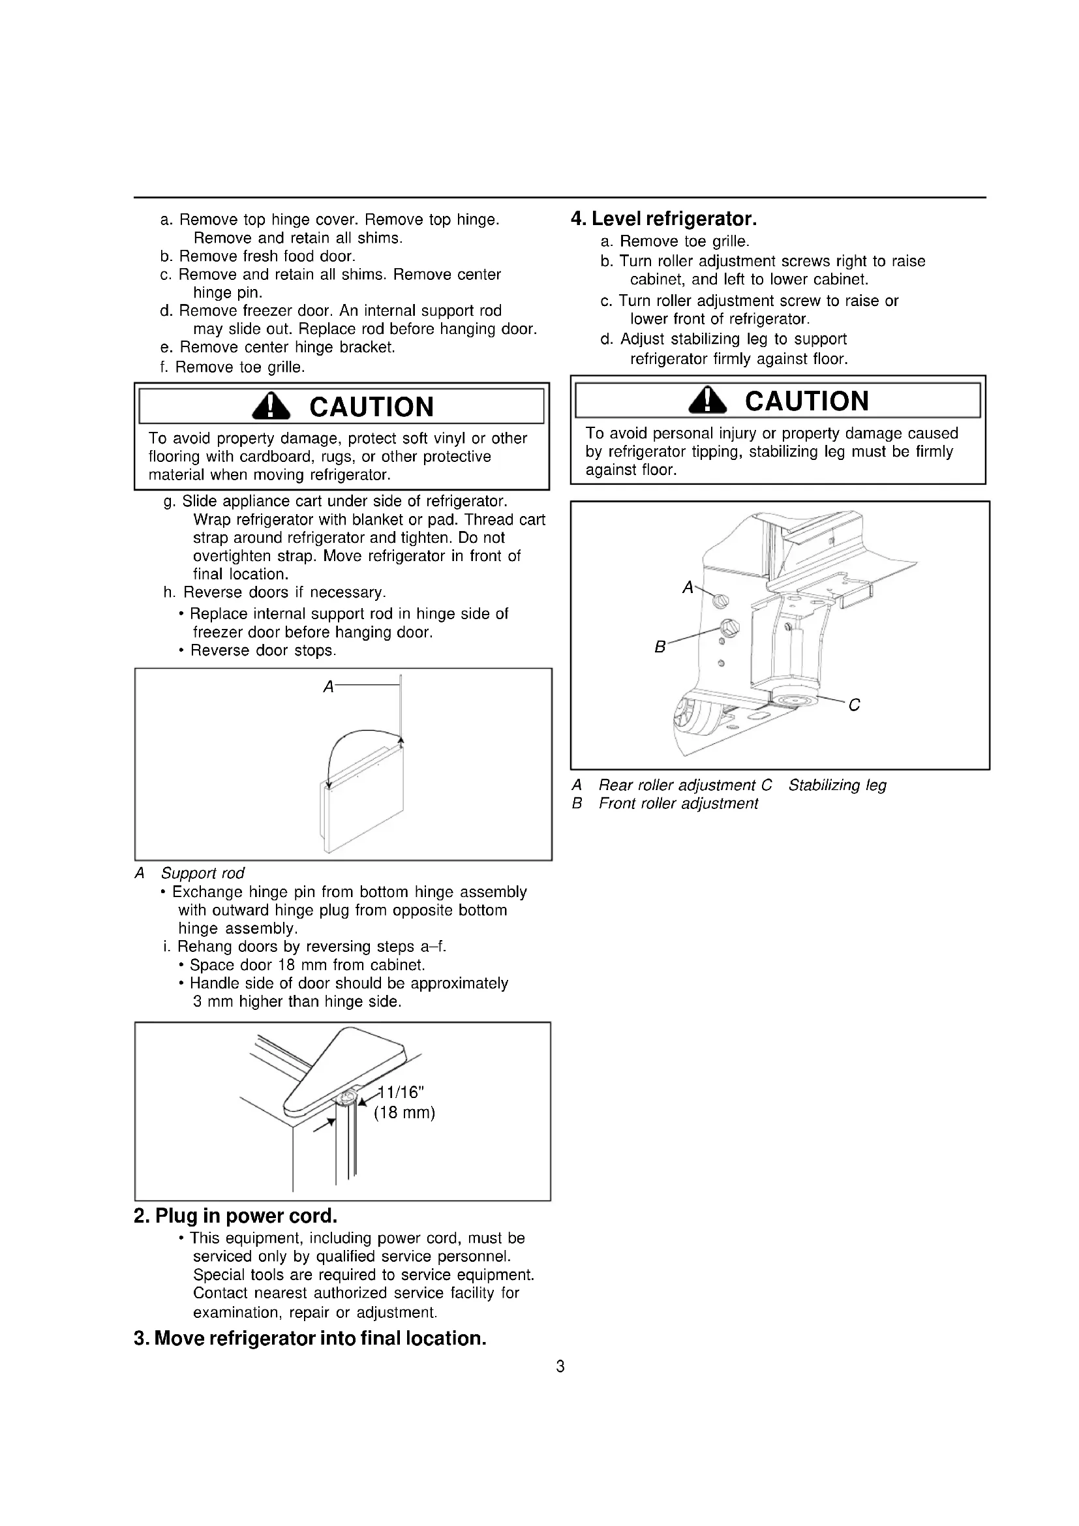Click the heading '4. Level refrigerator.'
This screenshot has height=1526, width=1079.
(x=663, y=219)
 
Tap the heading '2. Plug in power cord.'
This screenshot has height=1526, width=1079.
(x=236, y=1216)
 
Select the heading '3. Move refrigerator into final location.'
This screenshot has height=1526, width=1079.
(x=310, y=1339)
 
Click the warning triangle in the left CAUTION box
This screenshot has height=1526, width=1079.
(x=271, y=406)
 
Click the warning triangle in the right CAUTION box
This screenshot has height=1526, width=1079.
(x=708, y=401)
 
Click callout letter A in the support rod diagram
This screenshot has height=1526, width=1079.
(x=328, y=687)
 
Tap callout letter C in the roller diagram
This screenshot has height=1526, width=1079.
(x=854, y=705)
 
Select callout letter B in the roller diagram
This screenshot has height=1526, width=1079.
(x=660, y=647)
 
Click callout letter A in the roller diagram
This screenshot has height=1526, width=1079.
(x=688, y=588)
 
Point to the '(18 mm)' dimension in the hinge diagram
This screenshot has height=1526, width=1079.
(x=404, y=1112)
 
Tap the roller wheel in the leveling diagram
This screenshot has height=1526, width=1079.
(x=686, y=716)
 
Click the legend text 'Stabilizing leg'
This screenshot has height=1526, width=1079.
(x=837, y=786)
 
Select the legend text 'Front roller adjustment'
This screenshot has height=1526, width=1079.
(x=678, y=804)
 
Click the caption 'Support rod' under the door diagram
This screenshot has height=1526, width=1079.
(x=202, y=874)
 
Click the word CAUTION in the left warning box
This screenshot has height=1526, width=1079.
(x=371, y=406)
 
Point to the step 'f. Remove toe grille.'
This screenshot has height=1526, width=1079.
(x=232, y=367)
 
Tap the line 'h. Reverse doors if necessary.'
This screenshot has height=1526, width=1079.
(x=275, y=592)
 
